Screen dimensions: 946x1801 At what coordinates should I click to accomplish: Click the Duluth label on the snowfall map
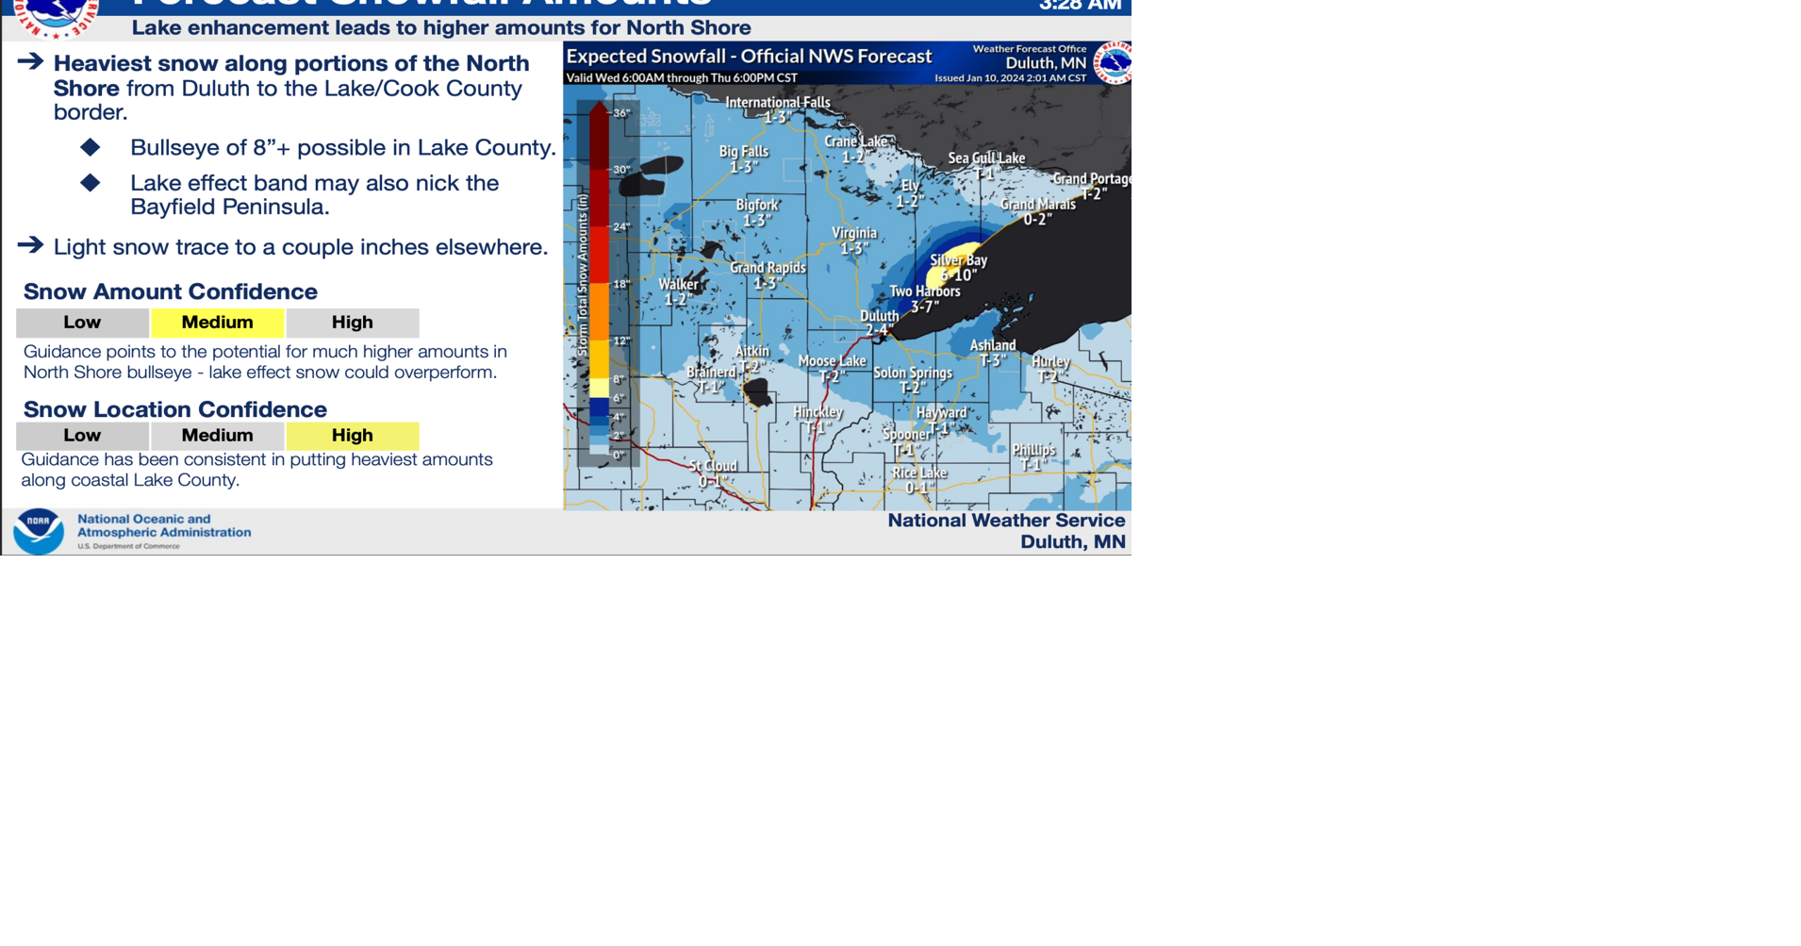[x=879, y=317]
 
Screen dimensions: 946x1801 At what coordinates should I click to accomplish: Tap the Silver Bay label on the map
[x=958, y=260]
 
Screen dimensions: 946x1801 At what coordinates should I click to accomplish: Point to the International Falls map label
[x=777, y=103]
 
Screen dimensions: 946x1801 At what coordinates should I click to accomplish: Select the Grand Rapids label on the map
[x=768, y=268]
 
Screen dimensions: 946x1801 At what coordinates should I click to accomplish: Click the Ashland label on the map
[x=993, y=346]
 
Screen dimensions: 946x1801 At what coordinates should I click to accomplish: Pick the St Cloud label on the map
[x=713, y=466]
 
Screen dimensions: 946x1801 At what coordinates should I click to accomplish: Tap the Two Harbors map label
[x=924, y=291]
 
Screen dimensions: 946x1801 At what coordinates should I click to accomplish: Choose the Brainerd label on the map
[x=711, y=373]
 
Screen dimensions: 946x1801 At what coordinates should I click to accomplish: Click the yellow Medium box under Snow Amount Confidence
[x=217, y=323]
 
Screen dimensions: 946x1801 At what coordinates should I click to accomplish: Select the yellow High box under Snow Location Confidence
[x=352, y=436]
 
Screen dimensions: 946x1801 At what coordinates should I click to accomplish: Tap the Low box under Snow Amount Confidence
[x=82, y=323]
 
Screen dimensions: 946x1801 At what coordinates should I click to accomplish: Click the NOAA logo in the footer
[x=39, y=531]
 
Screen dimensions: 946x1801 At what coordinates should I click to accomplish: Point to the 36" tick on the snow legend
[x=620, y=113]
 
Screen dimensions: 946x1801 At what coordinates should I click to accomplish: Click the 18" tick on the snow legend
[x=620, y=284]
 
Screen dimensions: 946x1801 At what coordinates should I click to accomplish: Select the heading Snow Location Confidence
[x=174, y=409]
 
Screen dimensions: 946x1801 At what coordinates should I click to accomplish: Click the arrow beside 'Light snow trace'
[x=30, y=245]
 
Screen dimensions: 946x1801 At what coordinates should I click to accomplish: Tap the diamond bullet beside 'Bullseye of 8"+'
[x=91, y=147]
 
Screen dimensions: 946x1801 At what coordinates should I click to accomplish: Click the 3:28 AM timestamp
[x=1080, y=6]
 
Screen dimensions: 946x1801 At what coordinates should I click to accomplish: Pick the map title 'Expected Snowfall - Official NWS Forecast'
[x=749, y=57]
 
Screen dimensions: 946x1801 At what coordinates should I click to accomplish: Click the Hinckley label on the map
[x=818, y=412]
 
